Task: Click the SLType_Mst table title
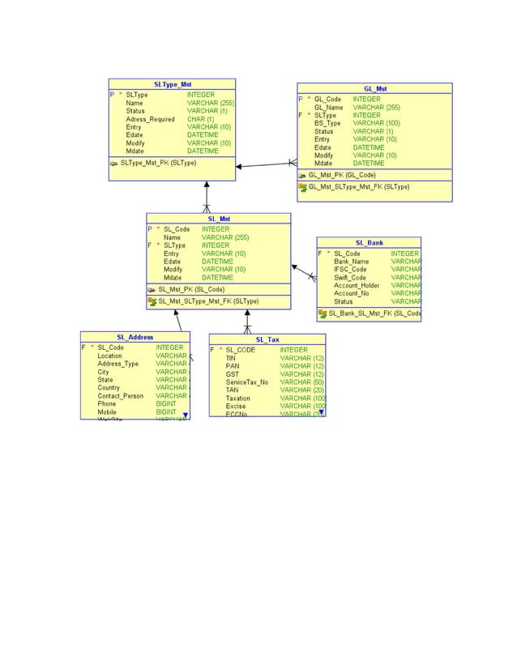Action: click(172, 84)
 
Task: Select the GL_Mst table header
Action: click(374, 88)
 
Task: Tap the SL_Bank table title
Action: click(369, 242)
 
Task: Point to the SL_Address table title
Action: click(135, 337)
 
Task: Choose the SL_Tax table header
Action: click(267, 339)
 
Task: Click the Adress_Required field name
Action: click(150, 119)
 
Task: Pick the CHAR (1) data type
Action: click(200, 119)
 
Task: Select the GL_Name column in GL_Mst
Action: click(328, 107)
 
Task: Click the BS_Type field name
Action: click(327, 123)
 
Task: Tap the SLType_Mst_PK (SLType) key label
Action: click(158, 163)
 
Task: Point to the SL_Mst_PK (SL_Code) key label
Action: click(191, 289)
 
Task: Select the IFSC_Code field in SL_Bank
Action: click(350, 270)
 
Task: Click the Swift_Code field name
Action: click(350, 278)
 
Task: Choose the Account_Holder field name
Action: click(357, 286)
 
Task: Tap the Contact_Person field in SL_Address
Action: click(120, 396)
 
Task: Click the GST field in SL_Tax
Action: click(232, 374)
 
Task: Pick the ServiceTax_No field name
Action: click(246, 382)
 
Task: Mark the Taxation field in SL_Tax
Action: click(237, 398)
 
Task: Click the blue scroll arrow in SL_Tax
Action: click(321, 412)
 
